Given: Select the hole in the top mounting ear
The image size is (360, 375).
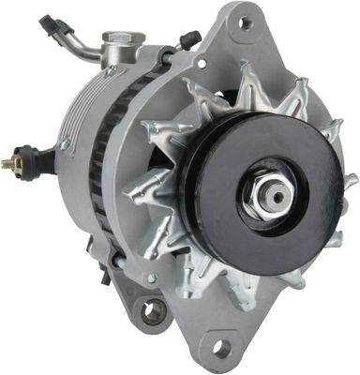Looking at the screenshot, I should click(246, 22).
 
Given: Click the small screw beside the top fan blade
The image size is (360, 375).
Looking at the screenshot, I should click(201, 64).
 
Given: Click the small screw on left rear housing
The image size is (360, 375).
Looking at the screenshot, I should click(64, 144).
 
